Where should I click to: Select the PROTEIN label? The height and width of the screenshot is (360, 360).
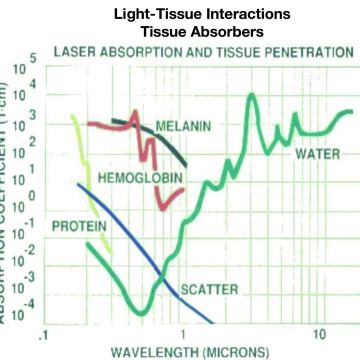(76, 226)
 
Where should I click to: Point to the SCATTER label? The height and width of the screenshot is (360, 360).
(209, 290)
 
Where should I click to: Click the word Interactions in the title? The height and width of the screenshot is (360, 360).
(228, 14)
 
